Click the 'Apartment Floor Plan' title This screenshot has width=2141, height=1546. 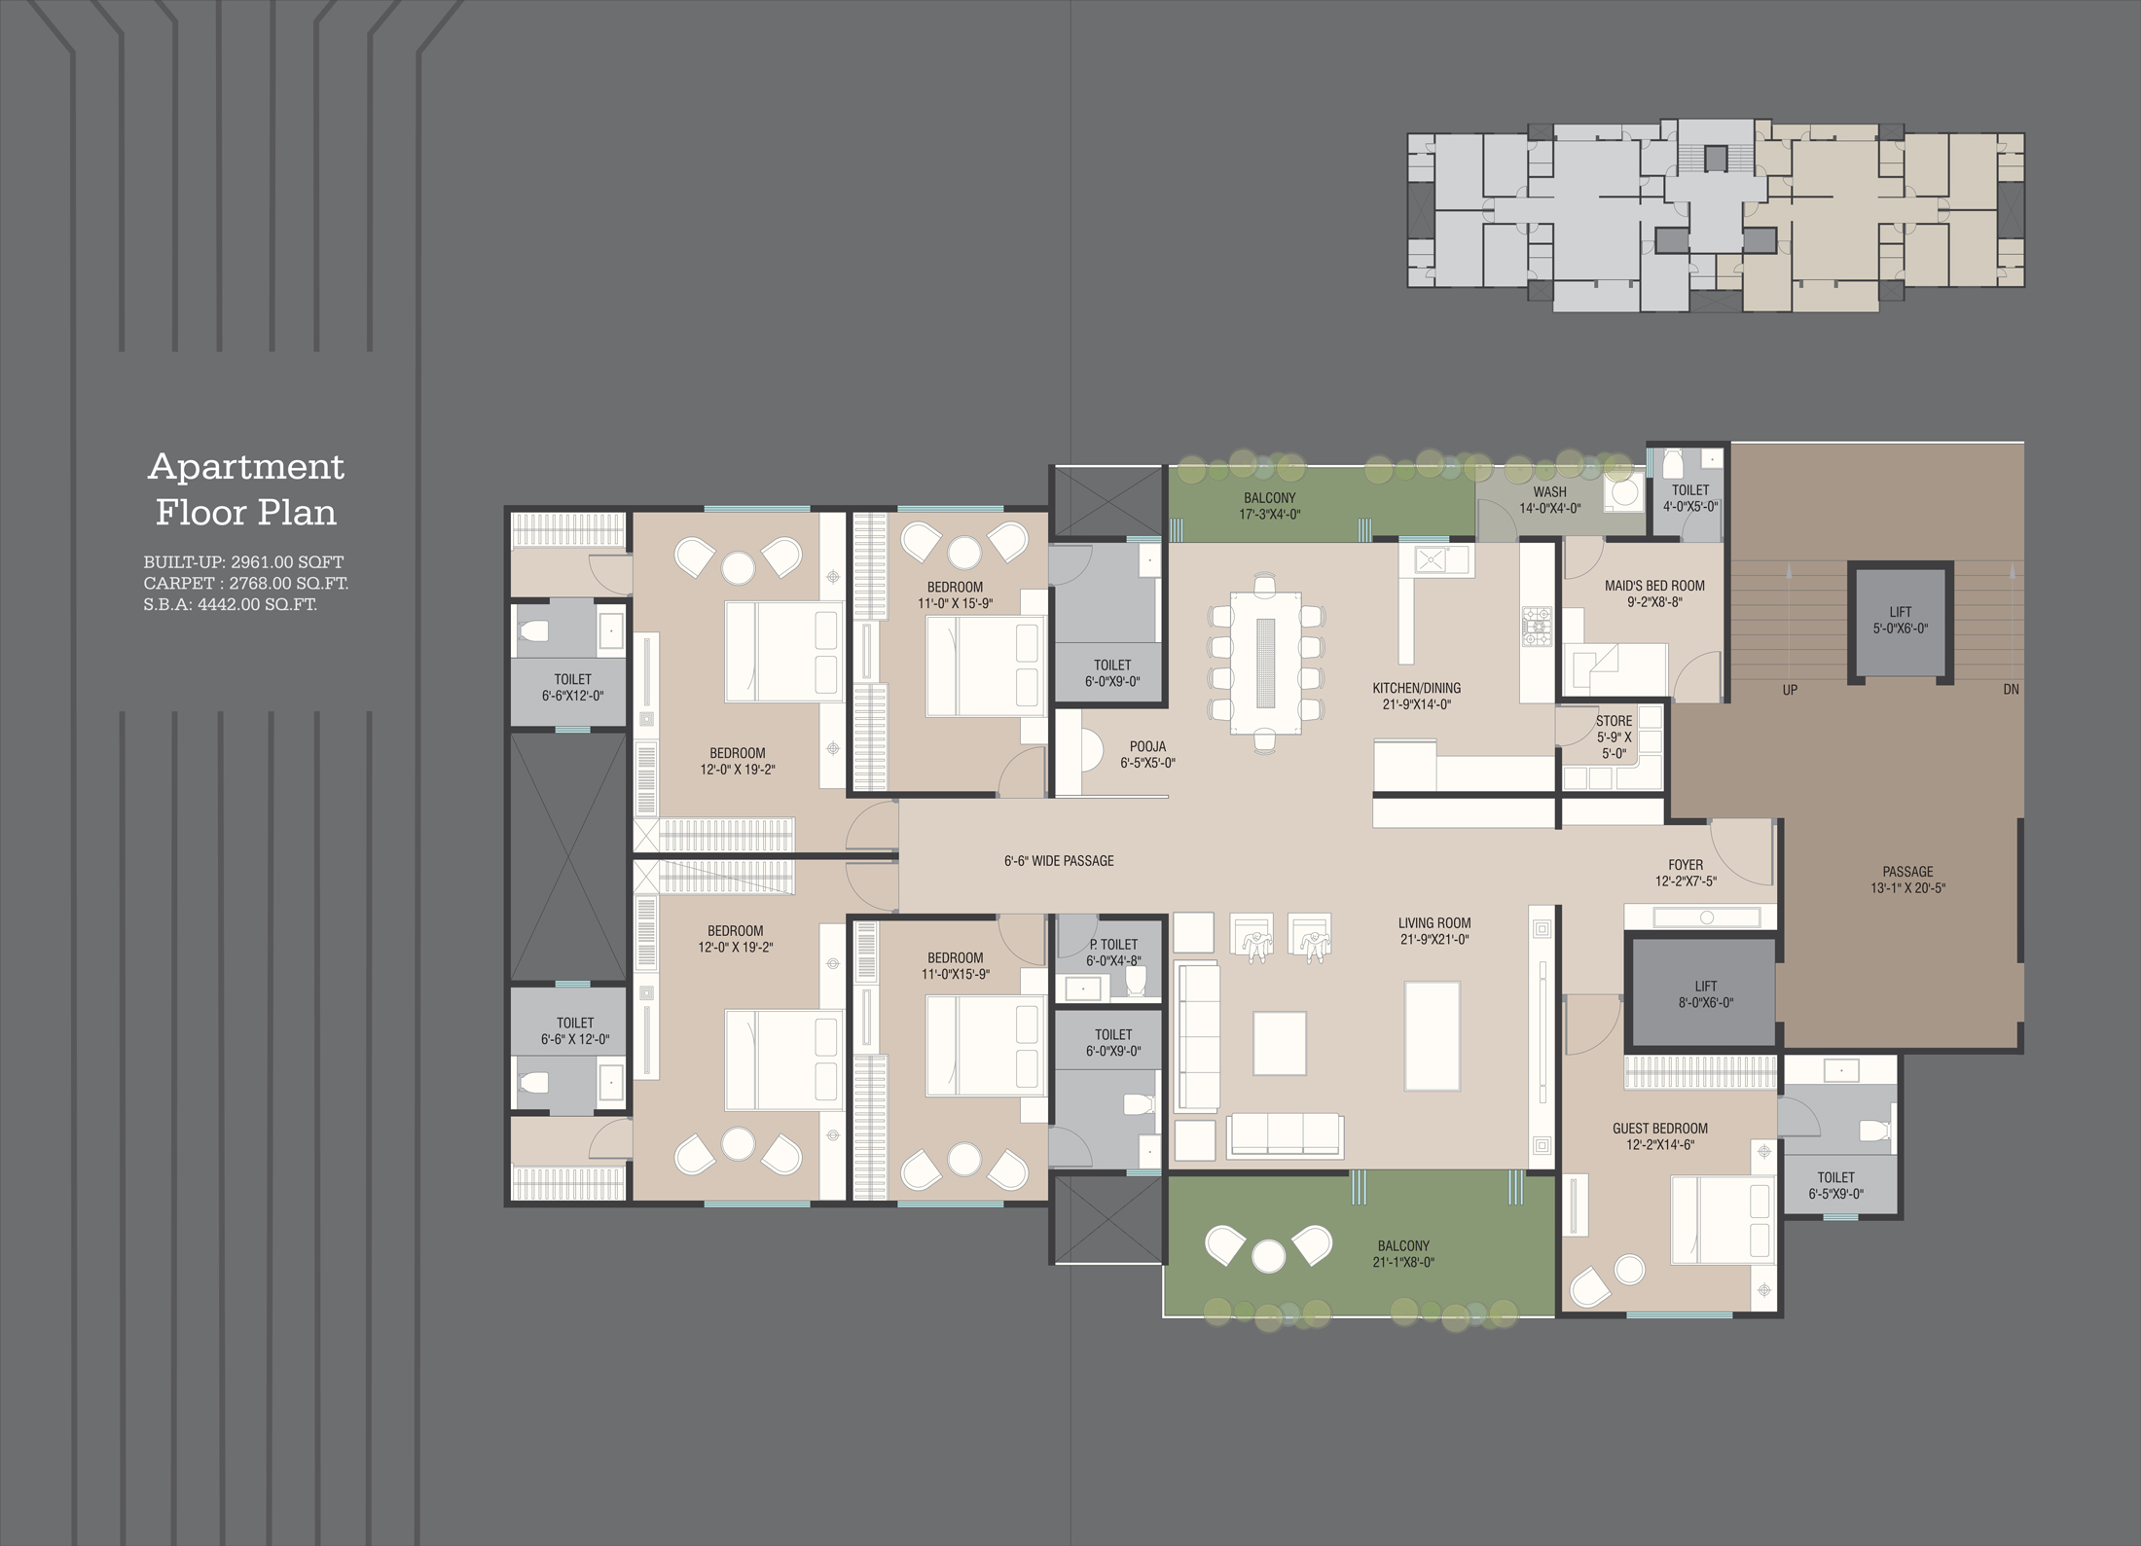point(246,489)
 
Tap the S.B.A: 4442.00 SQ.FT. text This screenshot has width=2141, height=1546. point(231,604)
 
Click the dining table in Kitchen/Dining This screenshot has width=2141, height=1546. point(1266,662)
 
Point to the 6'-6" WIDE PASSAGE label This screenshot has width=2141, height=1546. point(1059,861)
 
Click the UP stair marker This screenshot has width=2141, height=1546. point(1790,690)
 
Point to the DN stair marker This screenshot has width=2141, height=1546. point(2011,690)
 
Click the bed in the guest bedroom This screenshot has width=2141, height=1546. point(1722,1230)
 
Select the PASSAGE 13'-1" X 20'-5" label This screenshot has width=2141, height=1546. point(1907,880)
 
